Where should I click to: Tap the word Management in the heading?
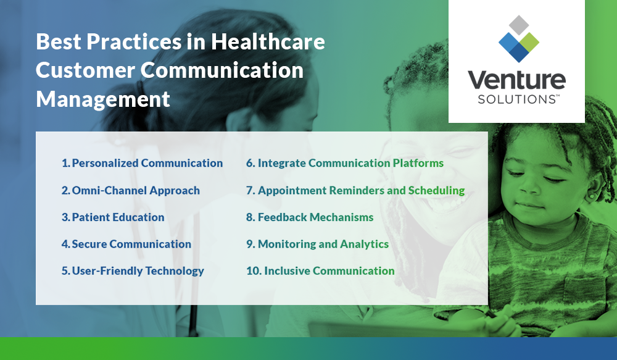pyautogui.click(x=103, y=98)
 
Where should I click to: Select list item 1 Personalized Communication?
pyautogui.click(x=142, y=163)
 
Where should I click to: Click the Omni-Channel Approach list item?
pyautogui.click(x=130, y=190)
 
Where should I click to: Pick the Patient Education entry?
pyautogui.click(x=113, y=217)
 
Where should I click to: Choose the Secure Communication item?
pyautogui.click(x=126, y=244)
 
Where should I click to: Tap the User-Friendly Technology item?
pyautogui.click(x=133, y=270)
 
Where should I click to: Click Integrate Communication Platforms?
pyautogui.click(x=345, y=163)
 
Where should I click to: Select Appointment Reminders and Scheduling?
pyautogui.click(x=355, y=190)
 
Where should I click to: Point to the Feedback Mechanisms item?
pyautogui.click(x=310, y=217)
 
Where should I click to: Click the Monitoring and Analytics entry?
pyautogui.click(x=317, y=244)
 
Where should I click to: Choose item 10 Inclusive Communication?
pyautogui.click(x=320, y=270)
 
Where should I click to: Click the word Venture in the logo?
pyautogui.click(x=516, y=81)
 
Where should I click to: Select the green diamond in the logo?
pyautogui.click(x=529, y=42)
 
